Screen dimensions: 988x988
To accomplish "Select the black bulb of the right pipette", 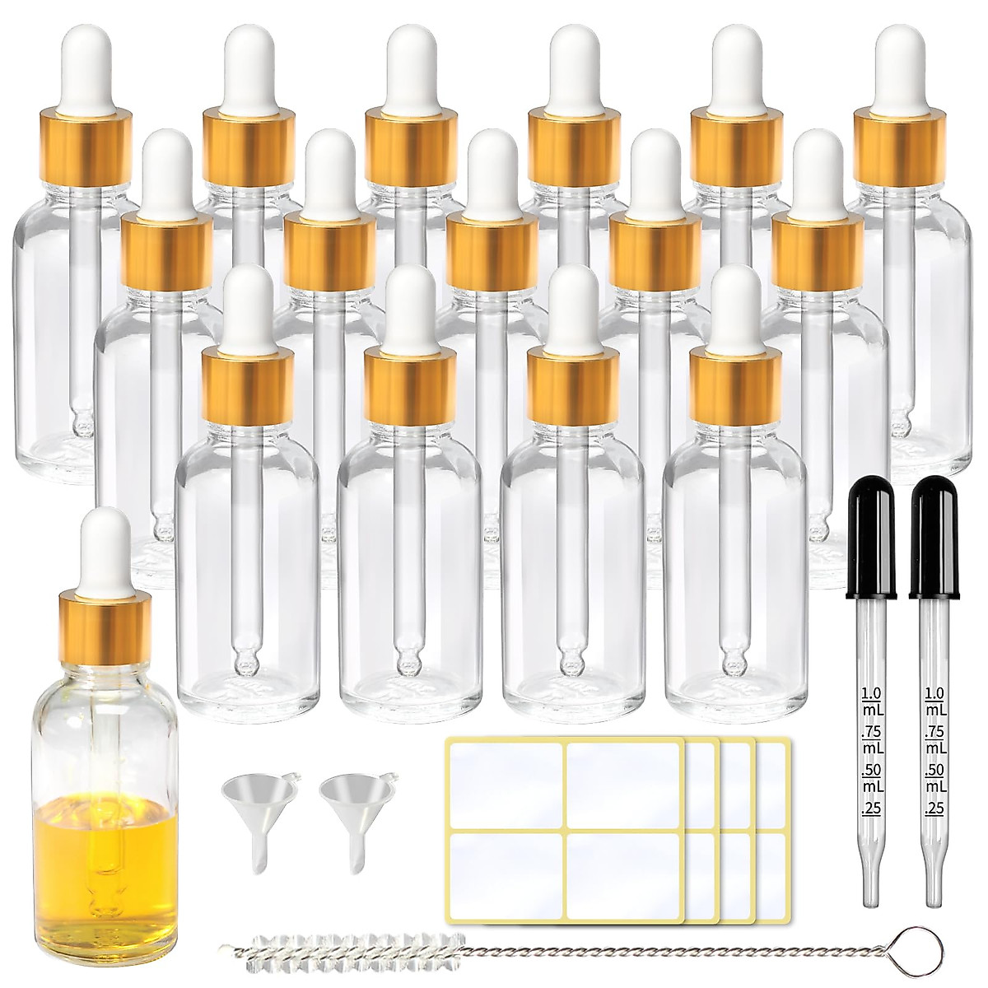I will tap(936, 539).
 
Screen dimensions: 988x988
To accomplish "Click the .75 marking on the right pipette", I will tap(935, 733).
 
